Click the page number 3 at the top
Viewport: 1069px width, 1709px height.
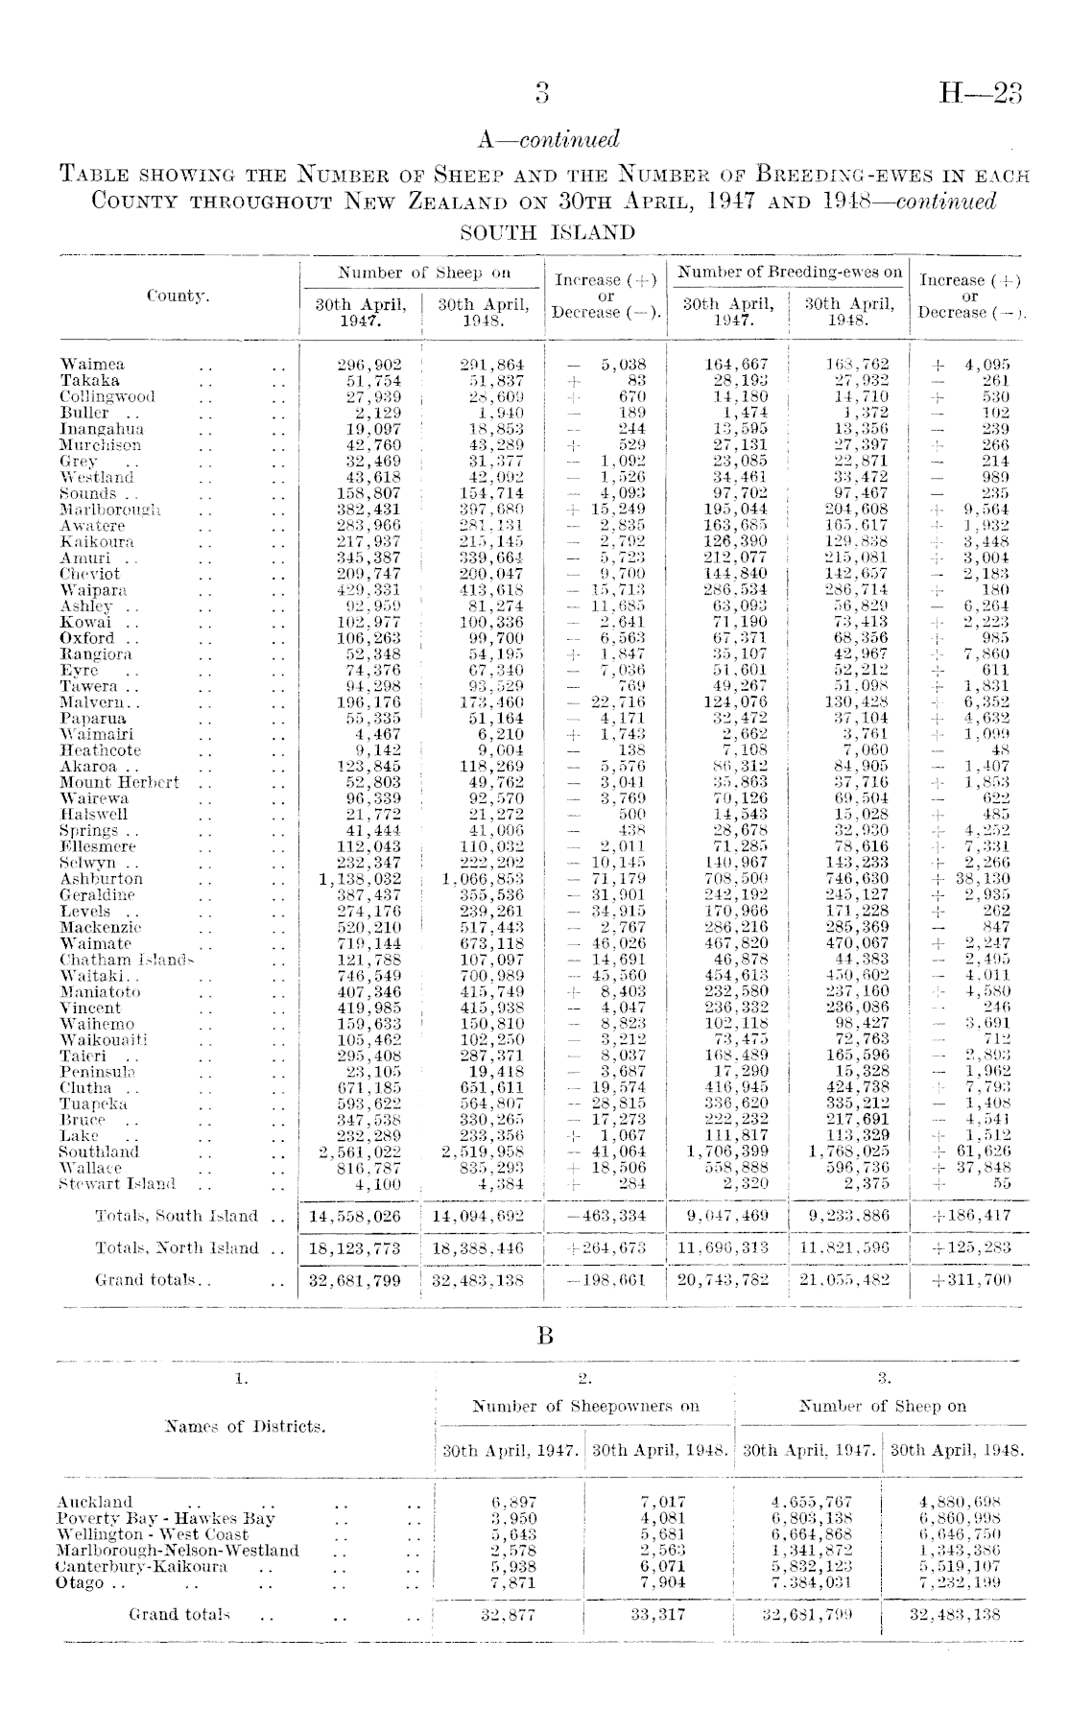click(543, 93)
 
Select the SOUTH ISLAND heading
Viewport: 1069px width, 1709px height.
click(548, 233)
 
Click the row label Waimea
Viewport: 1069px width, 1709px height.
click(92, 365)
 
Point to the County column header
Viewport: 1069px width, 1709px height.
click(178, 297)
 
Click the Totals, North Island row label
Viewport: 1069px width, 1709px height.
click(177, 1247)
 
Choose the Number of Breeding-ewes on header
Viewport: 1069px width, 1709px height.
click(790, 273)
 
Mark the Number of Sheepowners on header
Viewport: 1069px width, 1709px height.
click(585, 1407)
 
